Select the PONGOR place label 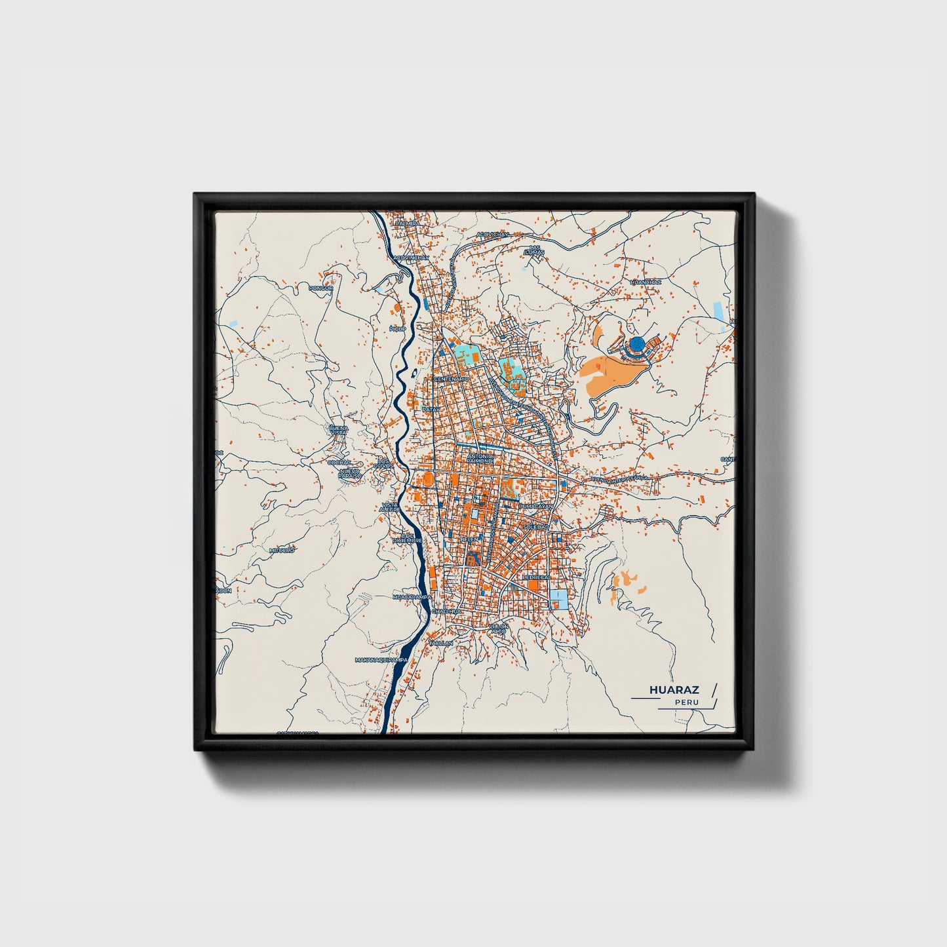click(321, 288)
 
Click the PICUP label click(397, 328)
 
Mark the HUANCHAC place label click(646, 282)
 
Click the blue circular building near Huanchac click(636, 343)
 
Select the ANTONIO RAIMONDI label click(480, 459)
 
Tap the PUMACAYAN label click(536, 507)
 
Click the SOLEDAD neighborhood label click(535, 526)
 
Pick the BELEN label click(470, 539)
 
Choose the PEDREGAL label click(536, 577)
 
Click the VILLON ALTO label click(498, 628)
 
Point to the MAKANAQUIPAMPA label click(381, 659)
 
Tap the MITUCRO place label click(282, 551)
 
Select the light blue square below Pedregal click(559, 599)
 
